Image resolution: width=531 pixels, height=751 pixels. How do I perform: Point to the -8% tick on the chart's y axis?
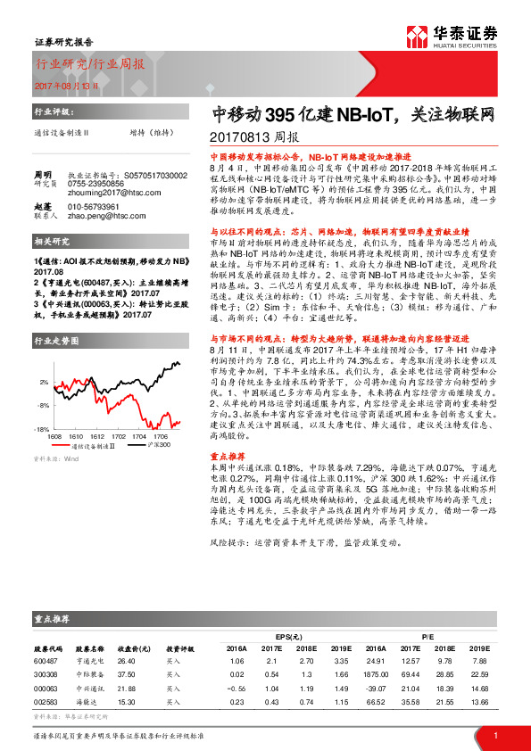44,404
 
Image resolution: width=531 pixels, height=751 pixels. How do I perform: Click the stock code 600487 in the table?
46,660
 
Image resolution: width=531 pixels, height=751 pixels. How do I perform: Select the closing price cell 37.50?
127,674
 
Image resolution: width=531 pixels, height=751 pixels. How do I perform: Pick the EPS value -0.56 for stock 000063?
236,689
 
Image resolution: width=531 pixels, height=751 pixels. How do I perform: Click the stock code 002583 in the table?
46,703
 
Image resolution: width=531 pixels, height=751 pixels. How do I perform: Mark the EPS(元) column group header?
287,635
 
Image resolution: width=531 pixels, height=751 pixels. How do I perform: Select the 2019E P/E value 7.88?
479,660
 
